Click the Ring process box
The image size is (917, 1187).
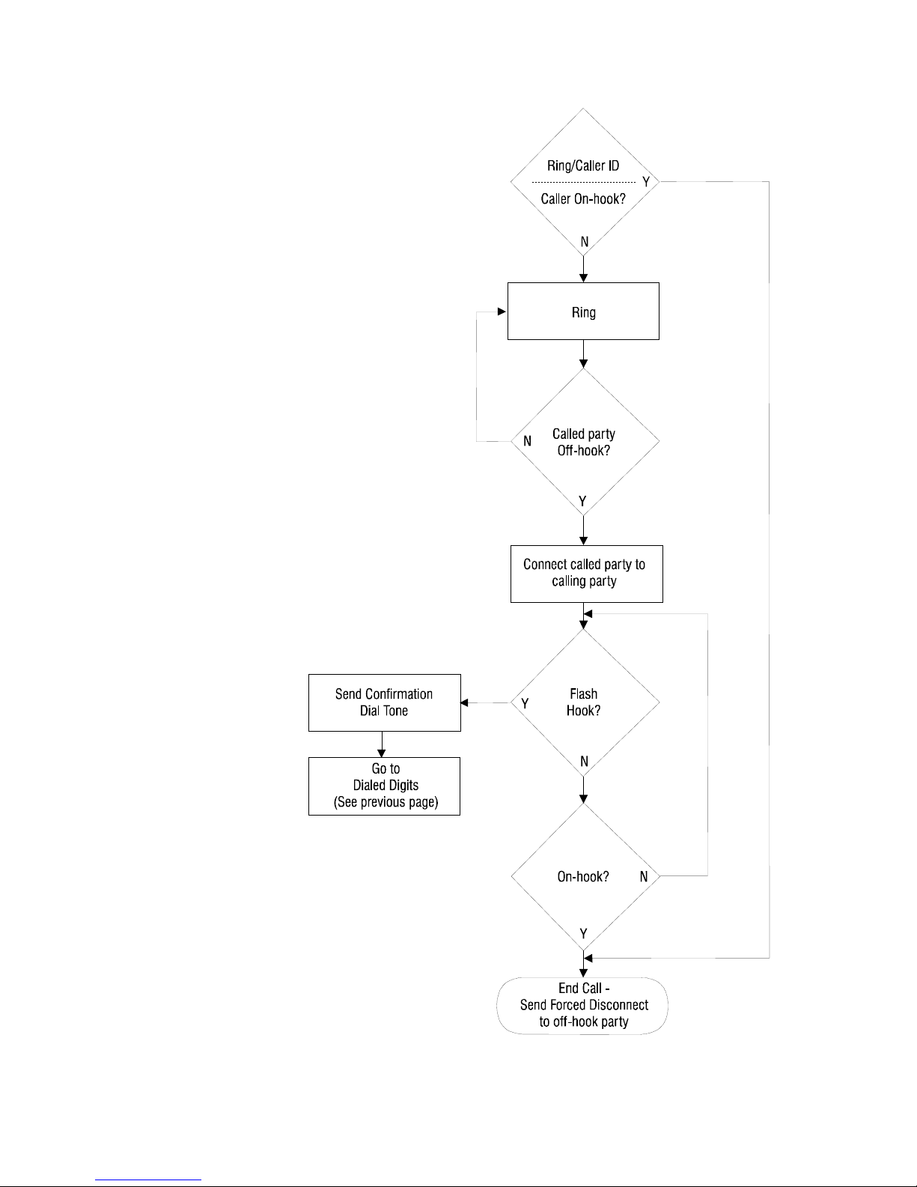click(x=583, y=311)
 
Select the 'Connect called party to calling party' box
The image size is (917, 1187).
click(x=586, y=574)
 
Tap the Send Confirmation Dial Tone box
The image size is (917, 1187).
click(x=384, y=702)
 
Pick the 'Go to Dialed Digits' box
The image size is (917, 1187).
click(x=384, y=786)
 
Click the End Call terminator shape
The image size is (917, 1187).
click(x=582, y=1006)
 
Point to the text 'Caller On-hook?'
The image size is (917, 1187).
click(x=583, y=199)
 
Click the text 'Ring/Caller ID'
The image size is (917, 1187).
click(x=583, y=166)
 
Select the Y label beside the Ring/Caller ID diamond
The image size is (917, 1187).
click(x=646, y=181)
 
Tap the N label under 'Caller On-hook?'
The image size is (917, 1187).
click(x=585, y=241)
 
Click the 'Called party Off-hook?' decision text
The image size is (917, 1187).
click(x=583, y=442)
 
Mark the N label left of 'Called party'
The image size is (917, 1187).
click(x=527, y=441)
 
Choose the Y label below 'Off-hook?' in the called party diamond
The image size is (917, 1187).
click(x=582, y=501)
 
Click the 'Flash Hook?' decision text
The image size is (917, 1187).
click(x=583, y=702)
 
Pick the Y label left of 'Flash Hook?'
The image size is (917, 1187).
click(x=525, y=703)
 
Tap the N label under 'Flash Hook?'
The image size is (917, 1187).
click(x=584, y=761)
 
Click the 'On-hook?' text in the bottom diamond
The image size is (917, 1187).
click(x=583, y=876)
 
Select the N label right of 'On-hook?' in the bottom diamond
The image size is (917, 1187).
click(x=644, y=876)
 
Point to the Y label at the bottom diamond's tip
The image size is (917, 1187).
click(x=583, y=934)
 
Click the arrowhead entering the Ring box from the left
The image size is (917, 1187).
click(x=502, y=312)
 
